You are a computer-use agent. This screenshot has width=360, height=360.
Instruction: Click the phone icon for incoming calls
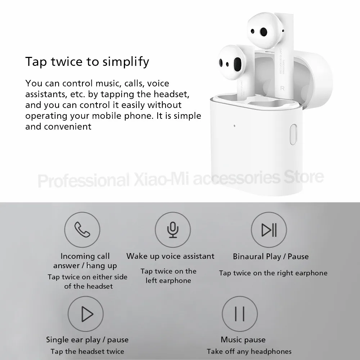(82, 229)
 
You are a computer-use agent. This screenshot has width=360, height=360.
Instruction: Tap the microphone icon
(173, 229)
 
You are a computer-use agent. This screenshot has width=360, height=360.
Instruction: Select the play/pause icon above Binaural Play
(269, 229)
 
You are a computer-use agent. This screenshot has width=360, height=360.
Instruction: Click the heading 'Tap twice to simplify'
(87, 62)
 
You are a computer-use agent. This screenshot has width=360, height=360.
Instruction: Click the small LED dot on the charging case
(234, 126)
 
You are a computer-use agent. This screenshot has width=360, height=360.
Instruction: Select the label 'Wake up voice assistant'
(170, 256)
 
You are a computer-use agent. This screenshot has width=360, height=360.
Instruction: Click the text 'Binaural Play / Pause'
(271, 257)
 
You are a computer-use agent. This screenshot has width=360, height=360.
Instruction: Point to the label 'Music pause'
(243, 339)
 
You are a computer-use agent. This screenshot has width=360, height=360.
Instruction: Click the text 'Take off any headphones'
(249, 351)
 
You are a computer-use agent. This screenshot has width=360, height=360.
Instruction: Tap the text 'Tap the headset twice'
(87, 351)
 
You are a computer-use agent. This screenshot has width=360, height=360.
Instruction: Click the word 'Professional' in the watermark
(83, 179)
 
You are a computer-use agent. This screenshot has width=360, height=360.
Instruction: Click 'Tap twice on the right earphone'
(273, 273)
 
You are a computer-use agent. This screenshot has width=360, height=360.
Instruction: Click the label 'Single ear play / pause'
(87, 339)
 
